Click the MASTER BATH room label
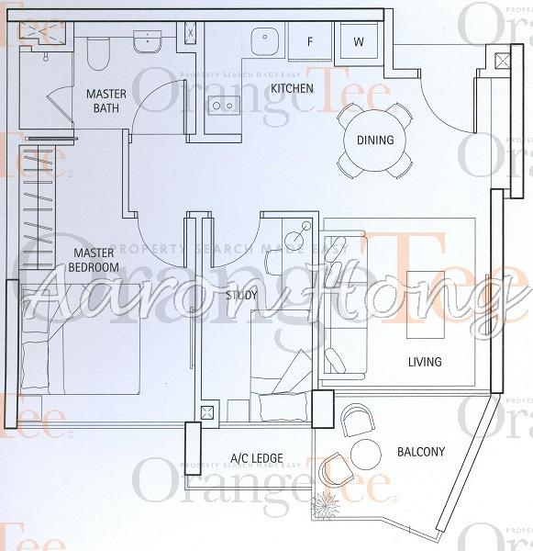106,101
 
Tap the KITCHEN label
292,89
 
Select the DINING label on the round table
374,141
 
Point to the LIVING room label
425,362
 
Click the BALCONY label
421,452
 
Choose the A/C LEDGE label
256,458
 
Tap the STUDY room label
240,296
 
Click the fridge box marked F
310,40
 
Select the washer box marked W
358,40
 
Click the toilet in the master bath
98,53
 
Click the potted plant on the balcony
325,504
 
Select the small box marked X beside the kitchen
190,33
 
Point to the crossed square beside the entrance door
502,62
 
